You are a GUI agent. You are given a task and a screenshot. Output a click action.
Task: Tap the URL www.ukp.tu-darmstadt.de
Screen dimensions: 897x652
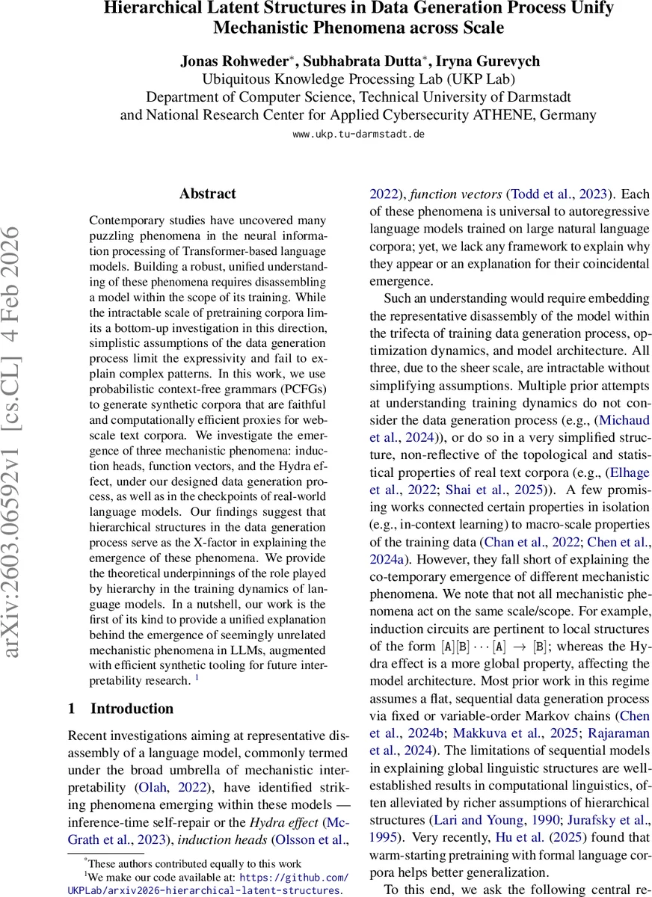click(358, 135)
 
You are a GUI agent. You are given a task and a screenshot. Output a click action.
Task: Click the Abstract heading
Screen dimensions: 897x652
click(207, 194)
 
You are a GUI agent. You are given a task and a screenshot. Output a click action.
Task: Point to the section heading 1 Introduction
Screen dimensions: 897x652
click(120, 709)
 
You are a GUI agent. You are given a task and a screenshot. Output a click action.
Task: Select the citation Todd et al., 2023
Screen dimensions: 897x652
click(559, 194)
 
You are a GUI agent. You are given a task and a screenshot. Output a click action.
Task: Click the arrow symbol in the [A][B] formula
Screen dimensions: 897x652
click(506, 647)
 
